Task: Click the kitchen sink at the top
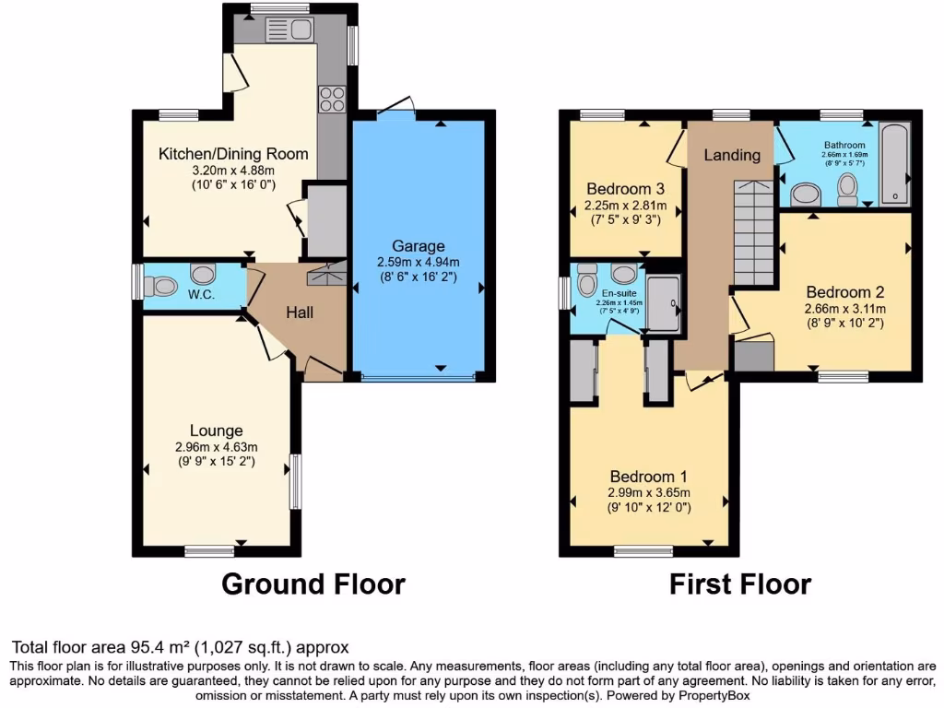click(x=290, y=29)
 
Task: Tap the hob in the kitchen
click(x=331, y=98)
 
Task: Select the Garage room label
click(x=419, y=246)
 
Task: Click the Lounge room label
click(x=217, y=431)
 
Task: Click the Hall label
click(x=300, y=313)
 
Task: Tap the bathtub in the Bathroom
click(x=893, y=163)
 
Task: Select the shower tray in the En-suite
click(x=662, y=301)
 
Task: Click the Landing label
click(x=732, y=155)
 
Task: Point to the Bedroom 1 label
click(x=649, y=477)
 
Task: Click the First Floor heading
click(x=740, y=584)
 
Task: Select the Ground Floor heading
click(x=313, y=584)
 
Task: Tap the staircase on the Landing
click(x=752, y=232)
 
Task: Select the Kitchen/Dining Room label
click(x=233, y=153)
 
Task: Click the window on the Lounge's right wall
click(x=295, y=480)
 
